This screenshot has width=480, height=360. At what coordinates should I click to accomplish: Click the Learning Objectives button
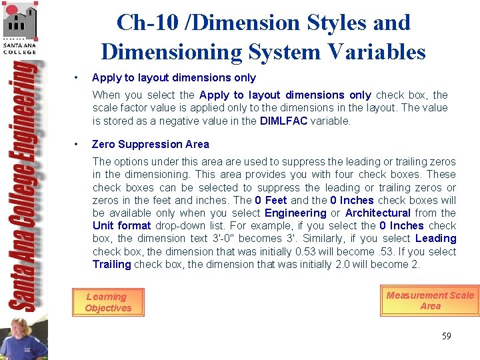coord(107,303)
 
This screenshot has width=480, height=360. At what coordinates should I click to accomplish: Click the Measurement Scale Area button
coord(430,301)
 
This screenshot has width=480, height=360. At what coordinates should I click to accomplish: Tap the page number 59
coord(446,336)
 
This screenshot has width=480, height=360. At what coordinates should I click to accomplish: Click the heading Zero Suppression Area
coord(150,144)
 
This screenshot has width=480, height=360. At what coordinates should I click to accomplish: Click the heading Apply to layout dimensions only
coord(173,78)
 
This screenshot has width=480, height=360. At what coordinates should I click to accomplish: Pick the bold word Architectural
coord(377,213)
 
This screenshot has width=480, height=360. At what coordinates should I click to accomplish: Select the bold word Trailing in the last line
coord(112,265)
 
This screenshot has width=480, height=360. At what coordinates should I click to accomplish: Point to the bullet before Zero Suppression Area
coord(78,144)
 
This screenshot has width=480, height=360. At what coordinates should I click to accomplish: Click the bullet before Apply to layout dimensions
coord(78,78)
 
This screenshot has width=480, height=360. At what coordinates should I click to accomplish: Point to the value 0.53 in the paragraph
coord(306,252)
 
